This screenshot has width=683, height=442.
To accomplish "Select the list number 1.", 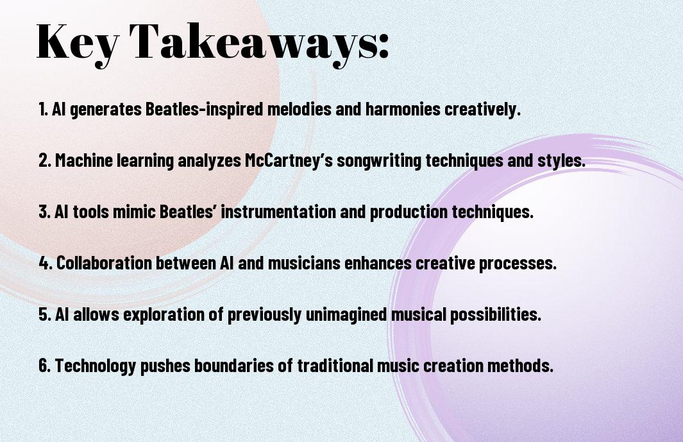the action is pyautogui.click(x=43, y=109).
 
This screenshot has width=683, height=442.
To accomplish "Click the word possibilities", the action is pyautogui.click(x=496, y=314).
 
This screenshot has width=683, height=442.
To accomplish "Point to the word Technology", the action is pyautogui.click(x=96, y=366).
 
